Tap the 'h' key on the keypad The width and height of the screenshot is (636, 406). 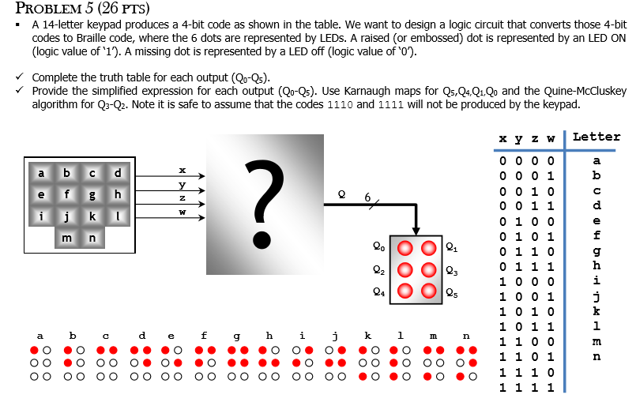[119, 194]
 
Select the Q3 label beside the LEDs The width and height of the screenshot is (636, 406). [450, 269]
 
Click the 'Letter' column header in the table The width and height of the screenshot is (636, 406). [596, 137]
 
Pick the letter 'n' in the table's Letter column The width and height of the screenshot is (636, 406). [596, 356]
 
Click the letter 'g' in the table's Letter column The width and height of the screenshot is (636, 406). [596, 250]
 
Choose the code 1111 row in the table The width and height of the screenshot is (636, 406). [529, 388]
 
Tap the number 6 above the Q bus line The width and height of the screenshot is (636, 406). [367, 196]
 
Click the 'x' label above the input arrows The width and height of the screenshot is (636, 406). [183, 169]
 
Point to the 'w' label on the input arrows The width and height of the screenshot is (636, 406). [183, 212]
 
